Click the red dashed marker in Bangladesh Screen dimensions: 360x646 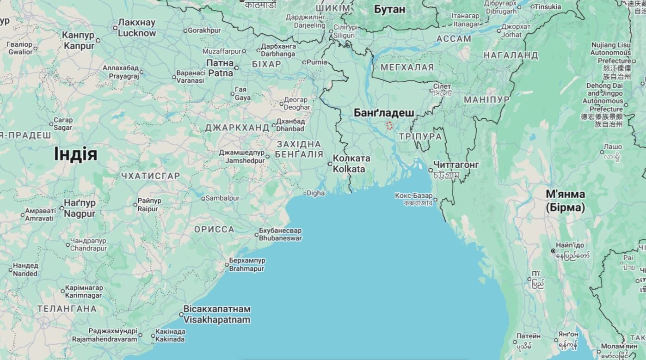point(389,125)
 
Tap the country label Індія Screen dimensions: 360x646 point(75,154)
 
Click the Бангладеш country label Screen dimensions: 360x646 point(384,113)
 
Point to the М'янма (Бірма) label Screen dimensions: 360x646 point(565,201)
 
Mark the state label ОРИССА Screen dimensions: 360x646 point(214,230)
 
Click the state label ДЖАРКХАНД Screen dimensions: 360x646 point(237,127)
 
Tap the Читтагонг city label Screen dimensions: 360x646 point(456,165)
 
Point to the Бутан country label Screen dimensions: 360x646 point(389,9)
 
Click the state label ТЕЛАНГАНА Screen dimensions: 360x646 point(67,309)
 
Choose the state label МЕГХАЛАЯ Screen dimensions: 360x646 point(407,67)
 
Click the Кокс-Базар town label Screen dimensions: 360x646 point(414,196)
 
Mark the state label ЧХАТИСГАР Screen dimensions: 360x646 point(150,176)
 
